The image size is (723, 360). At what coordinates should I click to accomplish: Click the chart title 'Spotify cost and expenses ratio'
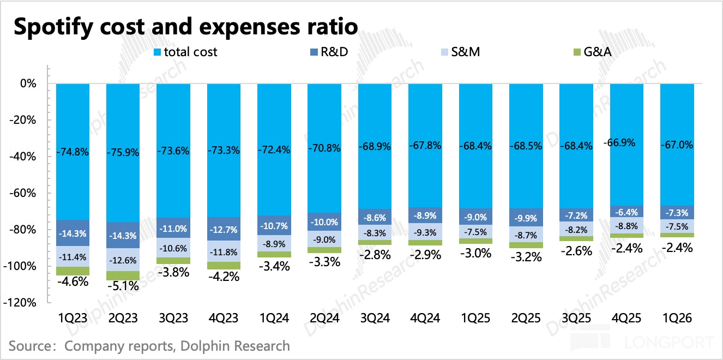[186, 27]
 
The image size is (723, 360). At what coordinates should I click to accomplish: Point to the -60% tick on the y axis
[24, 194]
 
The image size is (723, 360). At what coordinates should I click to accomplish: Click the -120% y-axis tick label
[22, 303]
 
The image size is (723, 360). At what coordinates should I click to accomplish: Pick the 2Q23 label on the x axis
[123, 319]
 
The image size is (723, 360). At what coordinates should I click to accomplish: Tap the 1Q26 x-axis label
[677, 319]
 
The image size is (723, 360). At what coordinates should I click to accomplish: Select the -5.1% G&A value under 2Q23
[123, 286]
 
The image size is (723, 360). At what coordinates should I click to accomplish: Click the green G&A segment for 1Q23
[73, 271]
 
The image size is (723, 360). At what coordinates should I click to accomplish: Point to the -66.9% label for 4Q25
[626, 143]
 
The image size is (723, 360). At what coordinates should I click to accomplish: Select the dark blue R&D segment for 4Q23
[224, 229]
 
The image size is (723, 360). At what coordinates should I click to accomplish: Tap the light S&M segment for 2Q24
[324, 239]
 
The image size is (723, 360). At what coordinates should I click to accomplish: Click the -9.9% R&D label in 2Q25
[526, 218]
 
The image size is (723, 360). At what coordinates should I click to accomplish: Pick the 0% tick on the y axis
[28, 84]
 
